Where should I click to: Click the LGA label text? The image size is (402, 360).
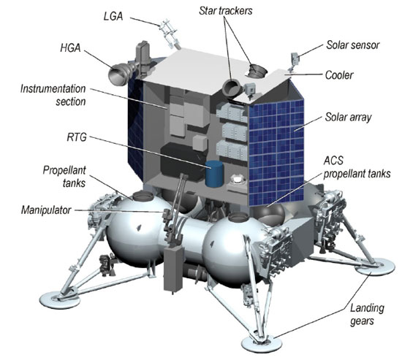[x=113, y=16]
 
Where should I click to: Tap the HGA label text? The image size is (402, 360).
[x=70, y=48]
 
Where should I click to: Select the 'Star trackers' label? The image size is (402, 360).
[x=226, y=11]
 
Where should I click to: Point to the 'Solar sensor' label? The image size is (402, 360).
[x=353, y=45]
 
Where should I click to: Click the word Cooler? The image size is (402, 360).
[x=339, y=75]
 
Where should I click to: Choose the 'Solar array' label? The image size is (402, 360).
[x=348, y=118]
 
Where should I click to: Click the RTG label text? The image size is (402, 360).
[x=77, y=137]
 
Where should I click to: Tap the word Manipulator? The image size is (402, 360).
[x=46, y=210]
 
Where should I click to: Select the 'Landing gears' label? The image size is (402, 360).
[x=367, y=315]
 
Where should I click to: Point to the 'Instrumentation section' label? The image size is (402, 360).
[x=53, y=95]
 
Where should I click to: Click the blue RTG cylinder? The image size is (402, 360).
[x=214, y=173]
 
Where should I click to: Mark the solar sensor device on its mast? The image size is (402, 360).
[x=295, y=59]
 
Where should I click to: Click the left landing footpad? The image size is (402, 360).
[x=60, y=299]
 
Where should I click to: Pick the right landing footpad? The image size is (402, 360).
[x=374, y=267]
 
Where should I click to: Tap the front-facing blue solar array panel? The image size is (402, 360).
[x=276, y=152]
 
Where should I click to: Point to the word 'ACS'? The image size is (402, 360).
[x=333, y=161]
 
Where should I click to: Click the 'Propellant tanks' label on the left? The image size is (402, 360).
[x=64, y=177]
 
